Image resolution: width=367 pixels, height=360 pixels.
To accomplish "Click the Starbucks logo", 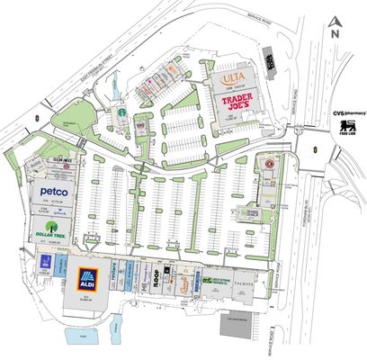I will click(x=118, y=115).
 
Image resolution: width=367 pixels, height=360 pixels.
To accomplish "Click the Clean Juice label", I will click(x=49, y=158).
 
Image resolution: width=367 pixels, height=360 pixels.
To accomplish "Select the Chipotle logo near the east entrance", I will click(x=267, y=166).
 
